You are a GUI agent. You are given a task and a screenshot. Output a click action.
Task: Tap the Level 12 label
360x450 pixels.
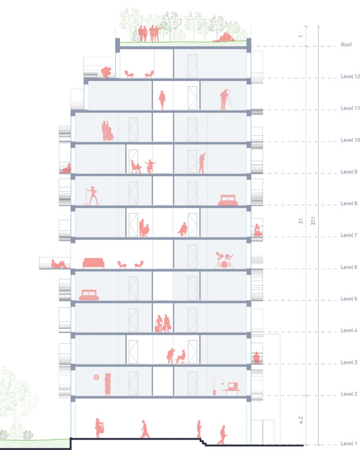coord(350,76)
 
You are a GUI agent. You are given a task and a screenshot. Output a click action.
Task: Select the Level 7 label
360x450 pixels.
coord(349,236)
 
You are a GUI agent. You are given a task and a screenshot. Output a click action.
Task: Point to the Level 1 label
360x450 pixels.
coord(349,444)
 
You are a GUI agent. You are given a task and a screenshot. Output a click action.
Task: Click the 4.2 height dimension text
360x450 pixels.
coord(301,421)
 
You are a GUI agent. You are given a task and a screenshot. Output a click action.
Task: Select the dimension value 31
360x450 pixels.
coord(301,221)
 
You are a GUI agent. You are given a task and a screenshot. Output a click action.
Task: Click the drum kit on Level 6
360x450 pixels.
coord(224,260)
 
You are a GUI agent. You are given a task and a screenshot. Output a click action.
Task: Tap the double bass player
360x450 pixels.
coord(107,131)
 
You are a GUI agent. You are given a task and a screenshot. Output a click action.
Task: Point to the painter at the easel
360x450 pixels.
coord(225,100)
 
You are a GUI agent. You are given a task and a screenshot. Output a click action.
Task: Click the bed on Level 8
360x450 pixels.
coord(228,200)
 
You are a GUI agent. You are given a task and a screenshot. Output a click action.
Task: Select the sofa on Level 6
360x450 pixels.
coord(94,263)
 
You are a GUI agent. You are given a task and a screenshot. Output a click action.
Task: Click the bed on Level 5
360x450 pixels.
coord(89,295)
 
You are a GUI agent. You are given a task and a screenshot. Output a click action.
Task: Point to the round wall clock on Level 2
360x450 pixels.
coord(96,377)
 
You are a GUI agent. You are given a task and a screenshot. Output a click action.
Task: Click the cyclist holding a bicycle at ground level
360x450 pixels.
coord(99,428)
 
